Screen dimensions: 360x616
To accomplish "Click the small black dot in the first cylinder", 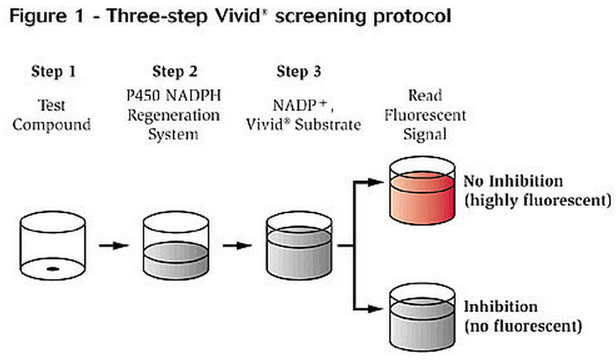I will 53,268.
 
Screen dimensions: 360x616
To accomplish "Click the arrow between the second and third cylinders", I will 236,247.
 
